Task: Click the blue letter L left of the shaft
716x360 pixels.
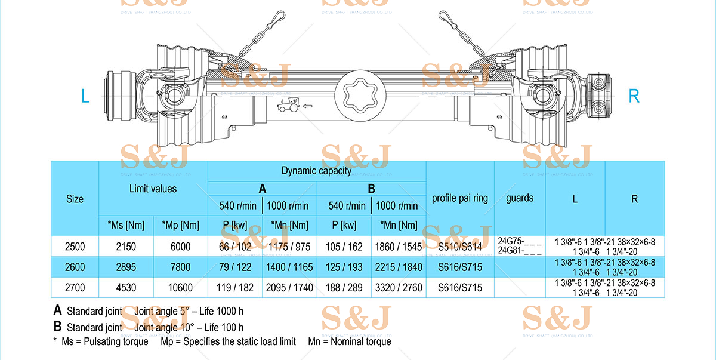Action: [85, 96]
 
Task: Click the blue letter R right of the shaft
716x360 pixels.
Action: [634, 96]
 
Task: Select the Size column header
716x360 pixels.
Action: [75, 199]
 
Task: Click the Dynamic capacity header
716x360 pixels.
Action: [316, 171]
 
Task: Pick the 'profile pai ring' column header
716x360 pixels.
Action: [459, 198]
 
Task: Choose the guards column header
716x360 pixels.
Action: [519, 198]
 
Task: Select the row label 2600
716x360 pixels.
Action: [75, 267]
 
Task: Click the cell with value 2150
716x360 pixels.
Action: [126, 247]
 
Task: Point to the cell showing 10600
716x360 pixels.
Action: [180, 287]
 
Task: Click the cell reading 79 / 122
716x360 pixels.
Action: [235, 267]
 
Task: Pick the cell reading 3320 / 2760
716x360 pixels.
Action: [399, 287]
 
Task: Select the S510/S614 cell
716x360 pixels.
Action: [459, 247]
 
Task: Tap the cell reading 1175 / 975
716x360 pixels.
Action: [289, 247]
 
